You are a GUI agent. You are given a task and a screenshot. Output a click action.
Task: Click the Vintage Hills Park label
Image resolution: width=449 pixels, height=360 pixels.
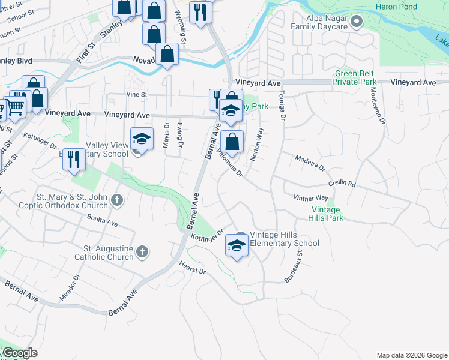[327, 214]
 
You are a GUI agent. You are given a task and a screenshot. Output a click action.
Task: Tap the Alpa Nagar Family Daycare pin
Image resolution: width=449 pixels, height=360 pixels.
[357, 23]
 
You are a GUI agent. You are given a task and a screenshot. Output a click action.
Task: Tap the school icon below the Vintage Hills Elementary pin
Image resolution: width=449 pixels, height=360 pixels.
[237, 245]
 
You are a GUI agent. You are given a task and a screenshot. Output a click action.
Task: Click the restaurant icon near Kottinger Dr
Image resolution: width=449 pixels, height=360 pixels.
[74, 159]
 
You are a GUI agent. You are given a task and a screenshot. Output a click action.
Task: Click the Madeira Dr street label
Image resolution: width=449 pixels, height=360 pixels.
[309, 162]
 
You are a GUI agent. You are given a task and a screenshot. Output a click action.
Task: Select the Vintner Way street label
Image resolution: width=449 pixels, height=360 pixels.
[310, 197]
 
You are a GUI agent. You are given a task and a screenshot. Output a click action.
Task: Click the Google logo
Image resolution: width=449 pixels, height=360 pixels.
[20, 353]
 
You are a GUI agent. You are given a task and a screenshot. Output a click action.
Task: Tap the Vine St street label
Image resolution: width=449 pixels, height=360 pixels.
[136, 95]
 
